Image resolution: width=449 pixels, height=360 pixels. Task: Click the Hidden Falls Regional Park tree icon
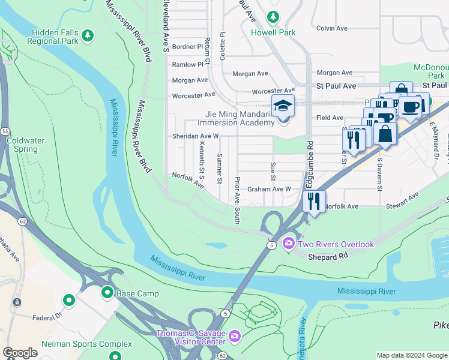[x=88, y=36]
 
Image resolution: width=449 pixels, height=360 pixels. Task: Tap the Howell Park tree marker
[x=273, y=17]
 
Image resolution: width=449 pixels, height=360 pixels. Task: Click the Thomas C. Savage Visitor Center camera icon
[x=234, y=337]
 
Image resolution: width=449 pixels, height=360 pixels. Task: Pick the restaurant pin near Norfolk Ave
[x=314, y=202]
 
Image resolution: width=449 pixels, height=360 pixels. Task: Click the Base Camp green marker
[x=107, y=292]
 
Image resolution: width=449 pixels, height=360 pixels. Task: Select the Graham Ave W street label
[x=269, y=189]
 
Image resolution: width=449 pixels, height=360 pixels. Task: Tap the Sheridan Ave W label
[x=195, y=136]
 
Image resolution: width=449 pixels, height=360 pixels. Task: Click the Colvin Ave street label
[x=332, y=28]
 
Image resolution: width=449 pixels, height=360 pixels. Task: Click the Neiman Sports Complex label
[x=86, y=344]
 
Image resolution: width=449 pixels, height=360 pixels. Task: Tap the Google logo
[x=20, y=353]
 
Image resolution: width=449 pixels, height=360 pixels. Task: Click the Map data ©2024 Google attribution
[x=412, y=355]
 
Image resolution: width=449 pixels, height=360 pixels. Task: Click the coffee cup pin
[x=411, y=107]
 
